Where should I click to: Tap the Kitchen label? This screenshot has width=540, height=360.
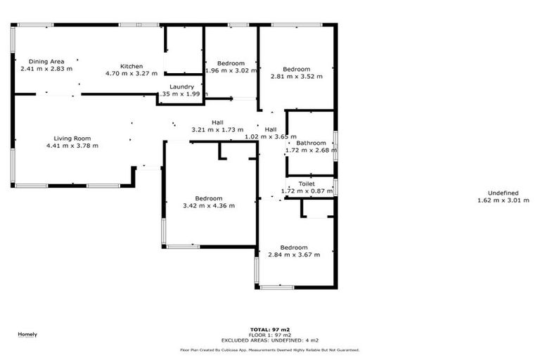[x=131, y=66]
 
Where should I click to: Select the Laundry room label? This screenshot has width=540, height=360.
[x=181, y=86]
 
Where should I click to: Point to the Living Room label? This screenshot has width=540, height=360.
[x=72, y=139]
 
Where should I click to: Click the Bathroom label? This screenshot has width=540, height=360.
[x=311, y=143]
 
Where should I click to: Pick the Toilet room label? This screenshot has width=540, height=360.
[x=307, y=184]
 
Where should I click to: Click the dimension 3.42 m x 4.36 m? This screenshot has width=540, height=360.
[x=209, y=205]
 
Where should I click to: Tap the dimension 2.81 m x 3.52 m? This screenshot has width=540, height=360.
[x=296, y=77]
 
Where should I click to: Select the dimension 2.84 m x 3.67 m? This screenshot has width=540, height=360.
[x=294, y=255]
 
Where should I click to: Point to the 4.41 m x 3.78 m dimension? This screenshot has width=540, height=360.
[x=72, y=146]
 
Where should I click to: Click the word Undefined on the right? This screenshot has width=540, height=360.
[x=503, y=193]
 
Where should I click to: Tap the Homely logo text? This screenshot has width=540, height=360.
[x=27, y=334]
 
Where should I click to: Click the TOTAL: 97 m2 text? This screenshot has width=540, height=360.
[x=270, y=329]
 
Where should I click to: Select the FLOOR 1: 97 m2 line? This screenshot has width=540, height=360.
[x=270, y=335]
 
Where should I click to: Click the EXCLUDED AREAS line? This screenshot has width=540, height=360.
[x=270, y=340]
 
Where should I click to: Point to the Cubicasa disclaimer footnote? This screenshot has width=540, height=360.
[x=270, y=349]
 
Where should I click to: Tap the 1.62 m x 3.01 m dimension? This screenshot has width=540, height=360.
[x=503, y=200]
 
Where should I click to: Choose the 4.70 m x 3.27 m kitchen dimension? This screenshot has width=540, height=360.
[x=131, y=73]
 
